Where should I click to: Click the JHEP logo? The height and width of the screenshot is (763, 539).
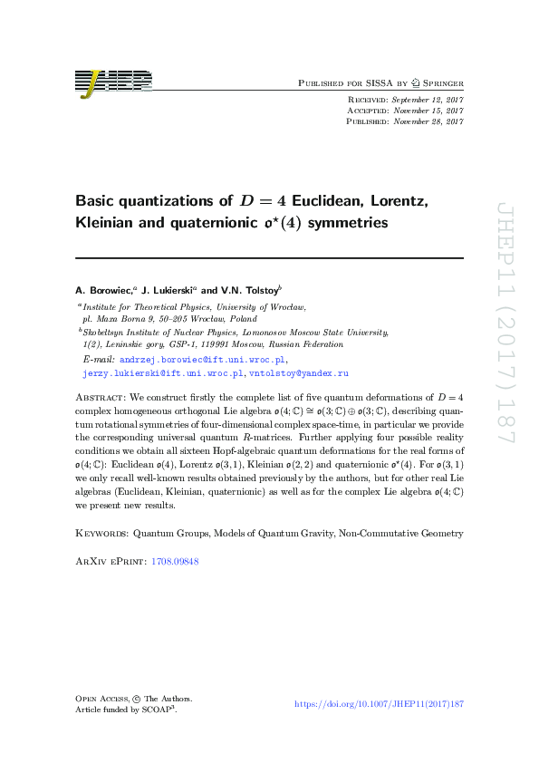click(113, 82)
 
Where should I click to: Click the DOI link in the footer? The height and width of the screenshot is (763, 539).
click(380, 704)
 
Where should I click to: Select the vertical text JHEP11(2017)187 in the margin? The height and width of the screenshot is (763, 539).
click(505, 323)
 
